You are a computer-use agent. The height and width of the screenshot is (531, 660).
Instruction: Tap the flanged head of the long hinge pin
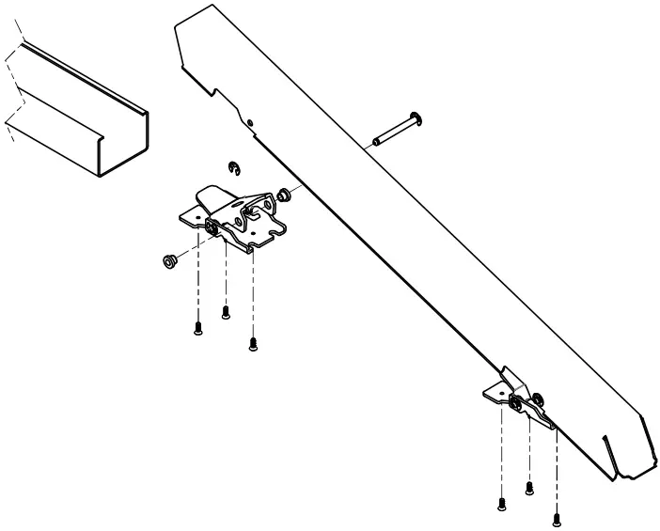(x=418, y=119)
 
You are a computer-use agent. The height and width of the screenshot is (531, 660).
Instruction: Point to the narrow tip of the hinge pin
(x=377, y=142)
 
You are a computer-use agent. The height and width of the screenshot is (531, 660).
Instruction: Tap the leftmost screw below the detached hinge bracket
(x=198, y=327)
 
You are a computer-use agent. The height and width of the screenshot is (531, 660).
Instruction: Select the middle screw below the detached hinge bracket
(x=226, y=311)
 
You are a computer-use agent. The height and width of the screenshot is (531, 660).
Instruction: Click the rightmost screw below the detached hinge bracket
(x=252, y=344)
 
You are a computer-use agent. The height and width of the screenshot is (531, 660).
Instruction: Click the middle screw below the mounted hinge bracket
(x=529, y=486)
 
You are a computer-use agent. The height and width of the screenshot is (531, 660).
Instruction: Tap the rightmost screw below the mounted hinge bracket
(x=557, y=516)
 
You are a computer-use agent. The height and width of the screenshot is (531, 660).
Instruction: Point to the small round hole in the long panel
(x=251, y=121)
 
